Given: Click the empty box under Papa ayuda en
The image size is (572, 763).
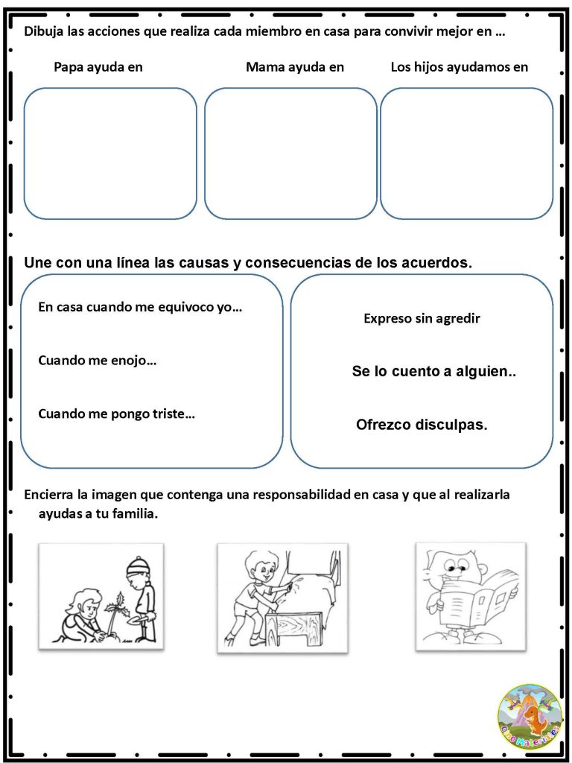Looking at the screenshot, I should coord(110,153).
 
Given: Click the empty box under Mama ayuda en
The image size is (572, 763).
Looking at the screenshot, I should coord(290,153).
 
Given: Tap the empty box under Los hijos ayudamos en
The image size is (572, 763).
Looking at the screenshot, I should coord(466,153).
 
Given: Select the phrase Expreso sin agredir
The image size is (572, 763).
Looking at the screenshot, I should coord(422,319).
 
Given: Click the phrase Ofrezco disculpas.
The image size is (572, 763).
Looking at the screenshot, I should coord(422,425).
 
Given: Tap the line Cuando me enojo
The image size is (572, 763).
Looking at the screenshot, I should coord(97,361).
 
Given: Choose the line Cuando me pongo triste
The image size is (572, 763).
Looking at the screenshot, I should coord(116,414).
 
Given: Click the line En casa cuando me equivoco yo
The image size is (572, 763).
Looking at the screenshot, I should coord(140,306).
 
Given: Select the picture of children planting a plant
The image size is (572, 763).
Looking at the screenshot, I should coord(101,597).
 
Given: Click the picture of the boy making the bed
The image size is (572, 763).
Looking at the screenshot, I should coord(282,598).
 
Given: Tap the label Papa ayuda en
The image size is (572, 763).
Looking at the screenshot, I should coord(98,67).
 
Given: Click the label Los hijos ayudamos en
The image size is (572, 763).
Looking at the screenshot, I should coord(459,67).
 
